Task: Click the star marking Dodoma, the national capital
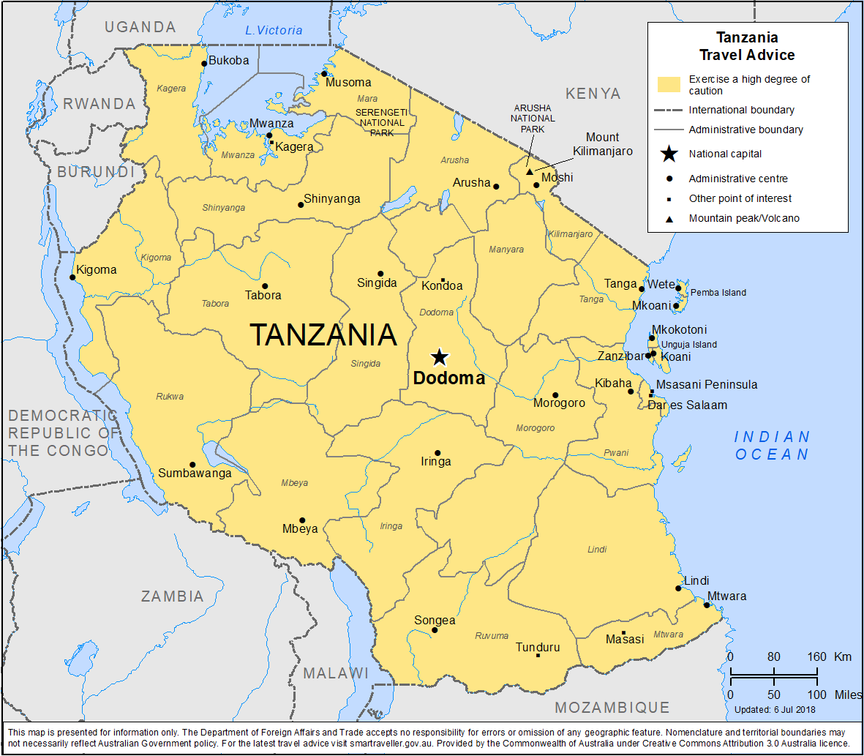439,357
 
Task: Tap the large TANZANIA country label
323,335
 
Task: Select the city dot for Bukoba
204,64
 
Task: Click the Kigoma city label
97,269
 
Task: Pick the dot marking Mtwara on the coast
707,605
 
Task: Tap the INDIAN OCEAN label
773,446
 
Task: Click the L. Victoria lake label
274,30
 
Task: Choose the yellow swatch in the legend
669,85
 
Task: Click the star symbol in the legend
669,154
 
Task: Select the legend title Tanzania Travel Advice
747,46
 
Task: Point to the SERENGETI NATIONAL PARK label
382,123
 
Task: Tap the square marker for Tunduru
538,655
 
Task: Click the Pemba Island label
718,293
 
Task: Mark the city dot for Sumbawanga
192,465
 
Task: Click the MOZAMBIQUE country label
612,708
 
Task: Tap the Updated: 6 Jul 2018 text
775,709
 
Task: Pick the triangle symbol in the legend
669,219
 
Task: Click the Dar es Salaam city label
688,405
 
